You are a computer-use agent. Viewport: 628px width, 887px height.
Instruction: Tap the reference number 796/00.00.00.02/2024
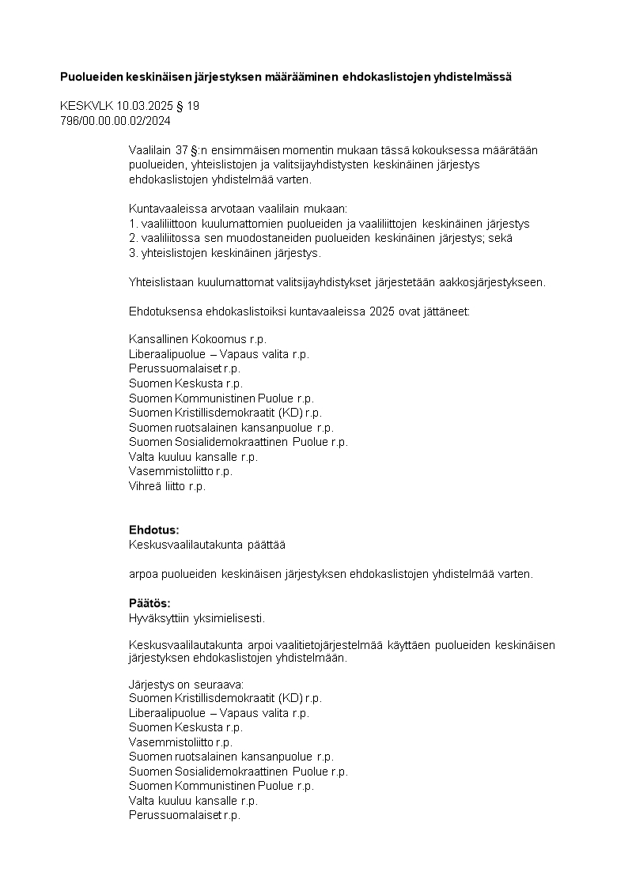(115, 121)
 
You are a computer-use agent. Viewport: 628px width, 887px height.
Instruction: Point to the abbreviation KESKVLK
(86, 106)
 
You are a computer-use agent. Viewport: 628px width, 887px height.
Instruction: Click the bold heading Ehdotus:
(154, 530)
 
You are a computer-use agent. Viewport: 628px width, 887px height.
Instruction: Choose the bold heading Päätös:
(149, 603)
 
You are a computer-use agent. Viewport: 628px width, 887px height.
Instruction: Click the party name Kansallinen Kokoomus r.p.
(198, 339)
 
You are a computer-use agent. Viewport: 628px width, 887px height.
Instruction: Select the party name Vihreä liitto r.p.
(167, 486)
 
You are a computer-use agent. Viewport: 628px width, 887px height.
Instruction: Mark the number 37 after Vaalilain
(182, 150)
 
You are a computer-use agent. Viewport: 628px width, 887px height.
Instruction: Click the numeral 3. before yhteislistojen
(133, 253)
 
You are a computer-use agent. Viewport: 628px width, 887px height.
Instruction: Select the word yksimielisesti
(236, 617)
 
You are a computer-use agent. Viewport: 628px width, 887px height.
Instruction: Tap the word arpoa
(142, 573)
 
